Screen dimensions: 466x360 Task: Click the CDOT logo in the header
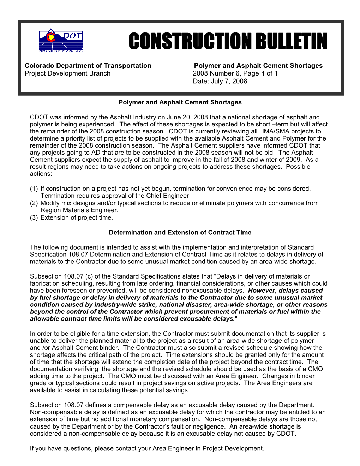61,41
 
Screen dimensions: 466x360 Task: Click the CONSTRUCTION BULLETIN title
228,42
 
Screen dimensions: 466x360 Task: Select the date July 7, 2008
220,81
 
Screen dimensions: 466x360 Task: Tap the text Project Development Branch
67,73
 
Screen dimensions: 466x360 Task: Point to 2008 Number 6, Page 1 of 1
235,73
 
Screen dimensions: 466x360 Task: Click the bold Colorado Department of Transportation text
88,66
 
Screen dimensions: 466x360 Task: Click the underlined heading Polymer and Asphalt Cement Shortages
180,102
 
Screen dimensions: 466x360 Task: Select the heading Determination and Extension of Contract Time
180,232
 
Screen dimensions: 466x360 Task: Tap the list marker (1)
34,189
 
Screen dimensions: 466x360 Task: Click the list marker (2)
34,203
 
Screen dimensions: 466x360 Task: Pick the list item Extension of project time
77,217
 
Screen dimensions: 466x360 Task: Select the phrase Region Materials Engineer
79,210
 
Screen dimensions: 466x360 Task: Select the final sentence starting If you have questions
147,448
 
